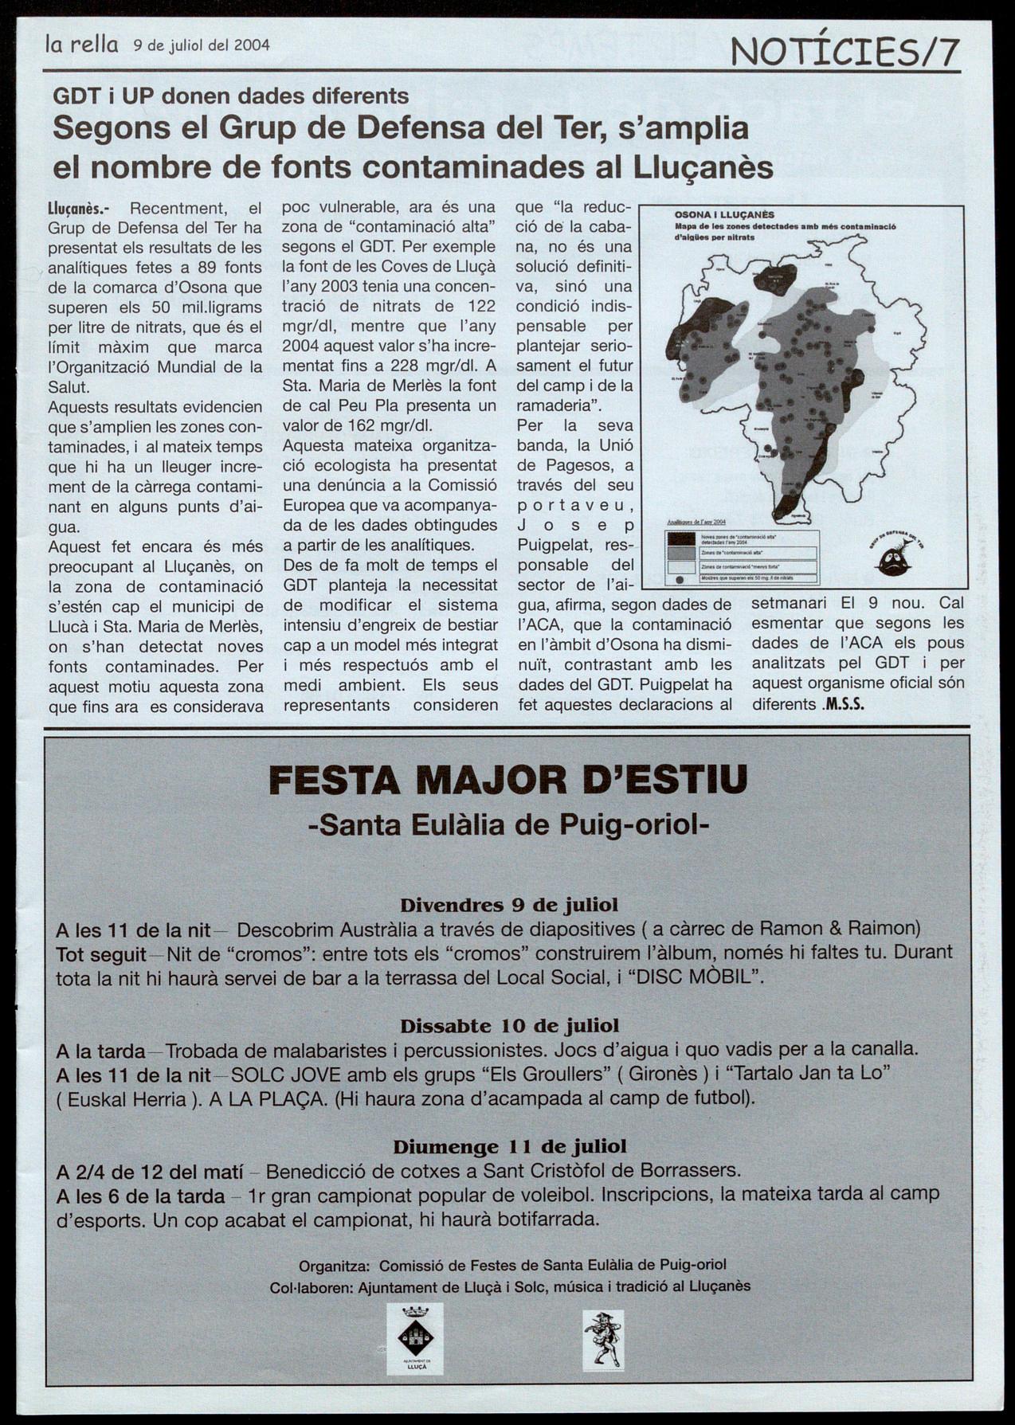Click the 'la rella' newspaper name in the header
(82, 45)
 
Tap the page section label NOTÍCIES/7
(845, 53)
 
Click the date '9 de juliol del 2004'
(202, 45)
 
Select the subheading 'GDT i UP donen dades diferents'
(230, 96)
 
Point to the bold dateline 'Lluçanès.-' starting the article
(79, 209)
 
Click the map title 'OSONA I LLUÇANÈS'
(724, 215)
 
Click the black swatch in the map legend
(681, 539)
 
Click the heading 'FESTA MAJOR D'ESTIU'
(508, 780)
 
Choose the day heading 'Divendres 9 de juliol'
(508, 905)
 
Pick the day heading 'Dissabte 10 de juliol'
(509, 1025)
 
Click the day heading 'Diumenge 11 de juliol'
(509, 1146)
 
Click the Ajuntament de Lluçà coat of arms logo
(414, 1338)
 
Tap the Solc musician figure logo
(603, 1340)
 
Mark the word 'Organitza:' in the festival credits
(334, 1265)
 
